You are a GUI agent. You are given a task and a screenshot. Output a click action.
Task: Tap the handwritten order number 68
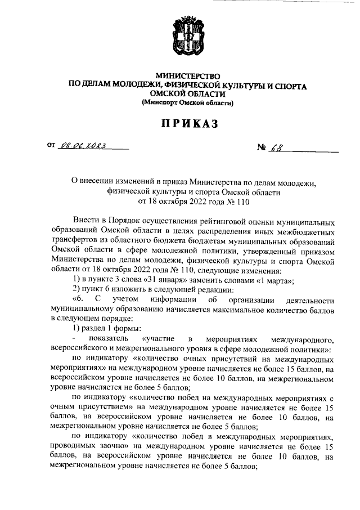(278, 148)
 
